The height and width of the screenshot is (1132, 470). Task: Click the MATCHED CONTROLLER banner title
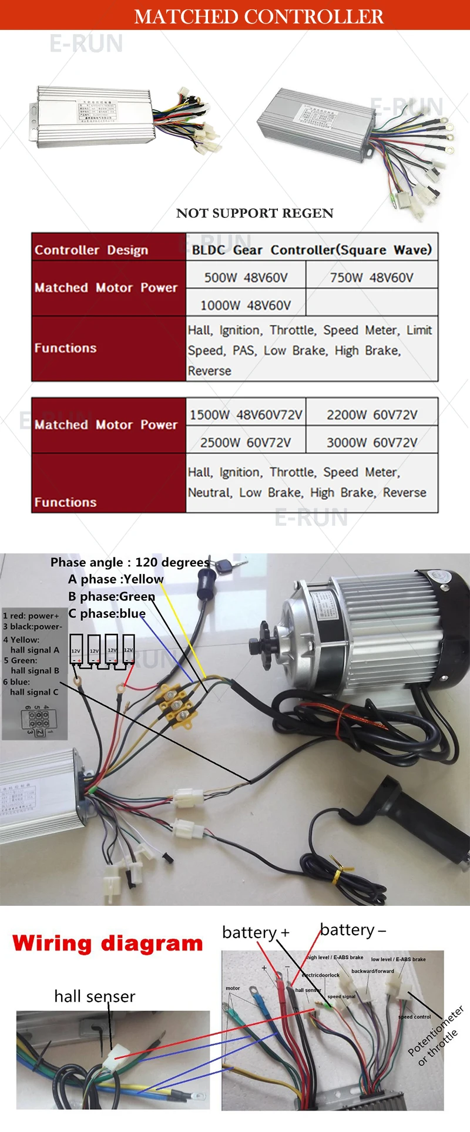(x=258, y=16)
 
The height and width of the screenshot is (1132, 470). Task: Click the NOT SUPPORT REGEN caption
(x=254, y=213)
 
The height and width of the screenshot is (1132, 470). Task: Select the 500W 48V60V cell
(x=246, y=277)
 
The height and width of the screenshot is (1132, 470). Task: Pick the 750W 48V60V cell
(x=371, y=277)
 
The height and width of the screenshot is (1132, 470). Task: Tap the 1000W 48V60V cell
(x=246, y=305)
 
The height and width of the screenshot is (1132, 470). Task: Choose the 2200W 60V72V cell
(x=372, y=415)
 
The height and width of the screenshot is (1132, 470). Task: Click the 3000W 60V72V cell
(x=372, y=442)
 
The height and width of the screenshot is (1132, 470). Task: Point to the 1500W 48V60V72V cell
(x=246, y=415)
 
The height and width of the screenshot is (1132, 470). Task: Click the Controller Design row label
(x=91, y=250)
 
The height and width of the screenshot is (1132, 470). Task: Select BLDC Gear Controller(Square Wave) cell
(x=311, y=250)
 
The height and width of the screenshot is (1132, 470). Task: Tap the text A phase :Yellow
(x=116, y=579)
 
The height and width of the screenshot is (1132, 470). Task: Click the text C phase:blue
(x=107, y=613)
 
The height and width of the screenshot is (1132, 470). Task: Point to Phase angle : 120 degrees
(x=130, y=562)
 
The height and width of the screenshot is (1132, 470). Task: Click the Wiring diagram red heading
(x=108, y=943)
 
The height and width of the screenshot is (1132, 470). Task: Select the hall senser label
(x=95, y=996)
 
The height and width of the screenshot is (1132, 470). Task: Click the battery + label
(x=256, y=932)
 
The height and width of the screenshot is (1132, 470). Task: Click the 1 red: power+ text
(x=31, y=616)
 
